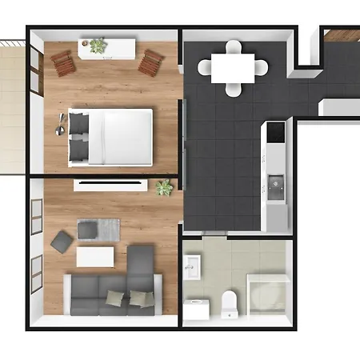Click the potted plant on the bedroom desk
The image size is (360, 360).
(98, 46)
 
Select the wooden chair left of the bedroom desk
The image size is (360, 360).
(63, 62)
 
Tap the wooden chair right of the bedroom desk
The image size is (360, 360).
(150, 62)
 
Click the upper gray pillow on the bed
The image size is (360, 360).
(79, 122)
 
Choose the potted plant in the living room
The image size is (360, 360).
(164, 187)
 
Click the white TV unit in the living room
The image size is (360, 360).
(110, 185)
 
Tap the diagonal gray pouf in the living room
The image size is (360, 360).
(61, 241)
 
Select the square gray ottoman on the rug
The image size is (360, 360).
(87, 230)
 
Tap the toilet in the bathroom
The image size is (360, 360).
(230, 303)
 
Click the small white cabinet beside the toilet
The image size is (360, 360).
(197, 309)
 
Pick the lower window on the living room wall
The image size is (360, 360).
(36, 276)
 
